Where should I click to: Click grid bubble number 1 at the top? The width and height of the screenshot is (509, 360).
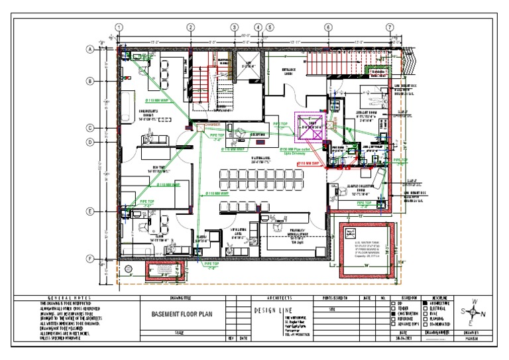[119, 27]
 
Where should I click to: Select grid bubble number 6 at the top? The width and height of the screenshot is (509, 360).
[327, 27]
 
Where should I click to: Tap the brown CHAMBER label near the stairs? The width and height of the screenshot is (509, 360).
[213, 124]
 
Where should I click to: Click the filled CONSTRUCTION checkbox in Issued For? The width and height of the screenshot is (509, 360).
[394, 314]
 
